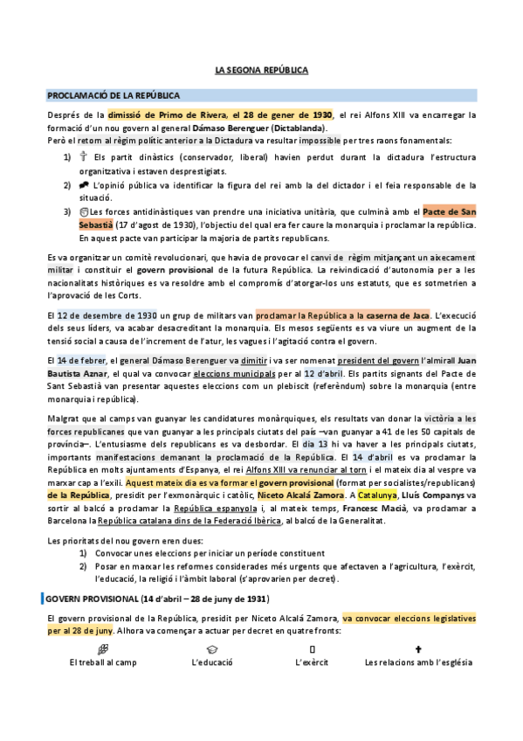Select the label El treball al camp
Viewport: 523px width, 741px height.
point(103,662)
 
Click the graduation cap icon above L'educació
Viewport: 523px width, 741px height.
point(212,648)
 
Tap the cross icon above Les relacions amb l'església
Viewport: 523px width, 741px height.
point(418,648)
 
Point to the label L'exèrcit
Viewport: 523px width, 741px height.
point(312,662)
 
